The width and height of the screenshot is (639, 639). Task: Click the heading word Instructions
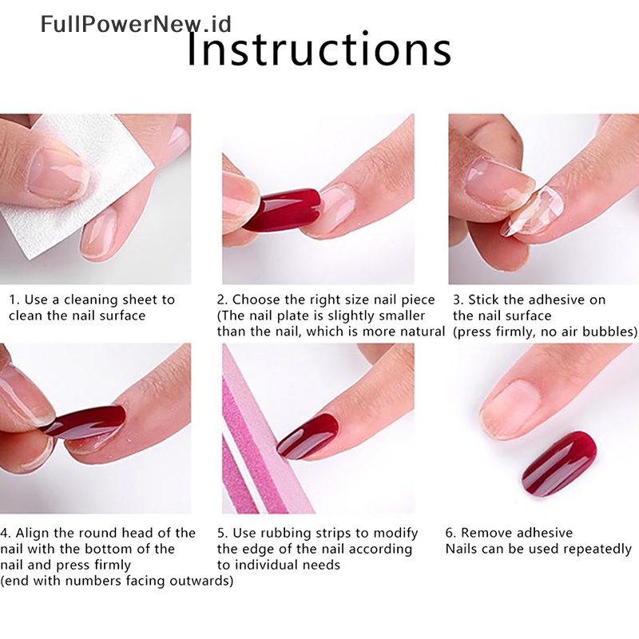point(319,48)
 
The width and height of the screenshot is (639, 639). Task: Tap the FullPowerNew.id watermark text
point(136,24)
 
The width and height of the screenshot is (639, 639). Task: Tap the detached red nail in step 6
point(558,463)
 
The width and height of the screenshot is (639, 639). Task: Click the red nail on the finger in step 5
point(308,436)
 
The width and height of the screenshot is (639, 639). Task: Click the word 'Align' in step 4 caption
point(32,533)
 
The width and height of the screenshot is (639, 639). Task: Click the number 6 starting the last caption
point(449,533)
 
